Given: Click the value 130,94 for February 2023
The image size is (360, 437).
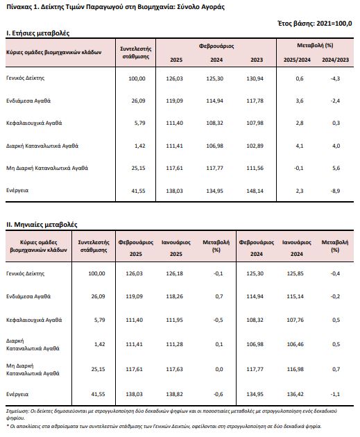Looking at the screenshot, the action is click(255, 78).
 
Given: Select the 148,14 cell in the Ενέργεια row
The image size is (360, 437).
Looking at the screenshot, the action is click(255, 191).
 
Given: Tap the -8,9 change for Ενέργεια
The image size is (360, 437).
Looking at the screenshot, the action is click(335, 191).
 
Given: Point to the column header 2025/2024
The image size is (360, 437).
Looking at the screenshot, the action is click(297, 60).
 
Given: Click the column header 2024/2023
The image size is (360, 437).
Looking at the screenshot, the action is click(336, 60).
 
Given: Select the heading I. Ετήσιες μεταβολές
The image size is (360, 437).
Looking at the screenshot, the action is click(37, 33).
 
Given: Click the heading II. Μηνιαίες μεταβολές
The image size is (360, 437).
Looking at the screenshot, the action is click(42, 225).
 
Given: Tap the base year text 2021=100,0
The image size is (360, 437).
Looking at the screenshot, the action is click(334, 24).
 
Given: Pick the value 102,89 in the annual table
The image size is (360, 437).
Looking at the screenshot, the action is click(255, 146).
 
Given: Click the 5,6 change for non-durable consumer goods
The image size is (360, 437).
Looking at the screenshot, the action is click(336, 168).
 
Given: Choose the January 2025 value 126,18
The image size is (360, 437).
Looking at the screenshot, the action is click(174, 273).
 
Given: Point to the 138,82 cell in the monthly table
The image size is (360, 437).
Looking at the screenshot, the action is click(174, 395).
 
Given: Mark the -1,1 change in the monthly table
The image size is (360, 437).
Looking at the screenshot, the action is click(335, 395).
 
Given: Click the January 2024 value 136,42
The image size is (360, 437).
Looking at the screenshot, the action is click(295, 395).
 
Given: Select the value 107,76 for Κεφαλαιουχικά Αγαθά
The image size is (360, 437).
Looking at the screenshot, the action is click(295, 320).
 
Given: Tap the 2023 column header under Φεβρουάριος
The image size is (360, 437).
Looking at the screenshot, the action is click(257, 60).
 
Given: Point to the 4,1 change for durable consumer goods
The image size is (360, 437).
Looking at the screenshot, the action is click(300, 146).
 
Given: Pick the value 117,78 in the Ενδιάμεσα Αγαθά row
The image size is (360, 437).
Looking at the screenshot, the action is click(255, 101).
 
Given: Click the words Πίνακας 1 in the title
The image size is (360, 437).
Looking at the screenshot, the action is click(22, 7).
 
